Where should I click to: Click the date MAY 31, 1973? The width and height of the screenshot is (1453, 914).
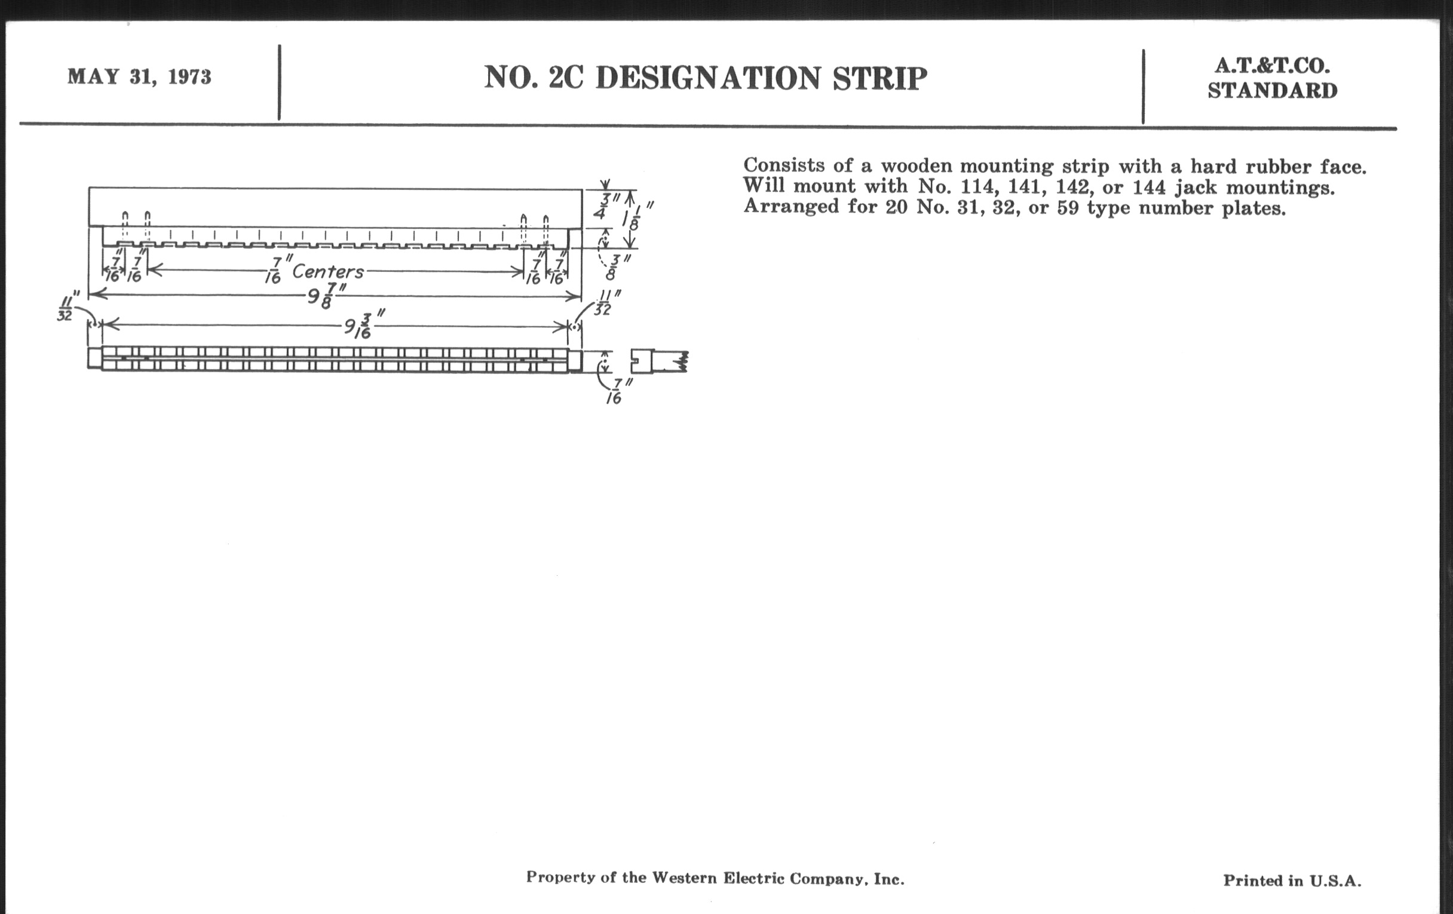point(139,77)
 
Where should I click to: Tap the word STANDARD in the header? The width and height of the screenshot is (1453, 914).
point(1273,91)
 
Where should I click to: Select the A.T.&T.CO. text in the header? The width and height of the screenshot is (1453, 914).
point(1273,65)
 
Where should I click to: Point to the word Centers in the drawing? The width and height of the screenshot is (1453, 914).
point(327,271)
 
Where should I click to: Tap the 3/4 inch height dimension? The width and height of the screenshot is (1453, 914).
point(605,206)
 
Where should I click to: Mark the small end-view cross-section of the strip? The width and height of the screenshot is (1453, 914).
point(659,361)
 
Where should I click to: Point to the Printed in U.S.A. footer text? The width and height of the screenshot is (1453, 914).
point(1292,881)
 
